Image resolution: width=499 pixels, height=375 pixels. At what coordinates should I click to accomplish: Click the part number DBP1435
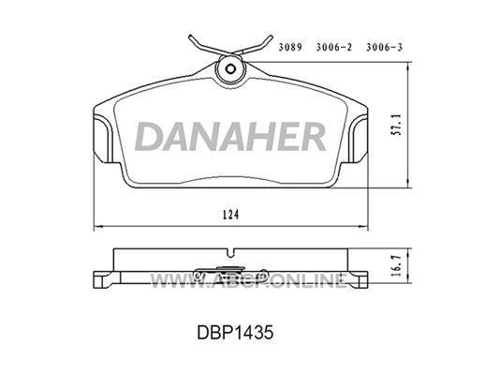pyautogui.click(x=235, y=333)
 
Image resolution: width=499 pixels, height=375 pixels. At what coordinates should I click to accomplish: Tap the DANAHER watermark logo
pyautogui.click(x=230, y=136)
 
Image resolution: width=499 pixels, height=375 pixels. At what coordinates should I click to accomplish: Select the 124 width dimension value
pyautogui.click(x=230, y=215)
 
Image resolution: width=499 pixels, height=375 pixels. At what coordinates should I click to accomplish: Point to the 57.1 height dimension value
pyautogui.click(x=397, y=126)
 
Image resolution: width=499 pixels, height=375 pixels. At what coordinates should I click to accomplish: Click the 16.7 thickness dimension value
pyautogui.click(x=397, y=264)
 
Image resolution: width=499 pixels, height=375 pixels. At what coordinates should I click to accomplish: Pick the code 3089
pyautogui.click(x=290, y=47)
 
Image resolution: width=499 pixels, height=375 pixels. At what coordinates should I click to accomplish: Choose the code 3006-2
pyautogui.click(x=334, y=47)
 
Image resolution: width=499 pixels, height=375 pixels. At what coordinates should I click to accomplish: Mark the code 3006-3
pyautogui.click(x=384, y=47)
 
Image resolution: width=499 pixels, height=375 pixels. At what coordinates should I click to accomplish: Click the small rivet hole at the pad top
pyautogui.click(x=230, y=68)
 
